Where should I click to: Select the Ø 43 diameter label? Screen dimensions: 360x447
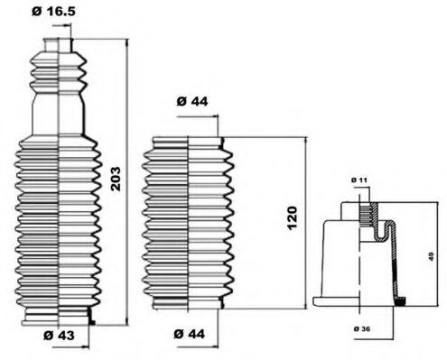click(x=56, y=336)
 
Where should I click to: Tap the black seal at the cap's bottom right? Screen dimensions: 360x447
click(x=402, y=300)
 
